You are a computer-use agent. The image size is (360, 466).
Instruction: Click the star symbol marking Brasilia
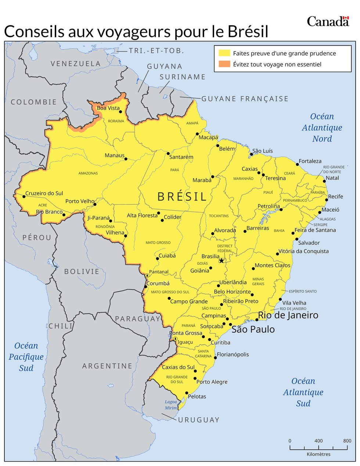[222, 261]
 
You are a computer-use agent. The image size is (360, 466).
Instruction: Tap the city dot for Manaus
[126, 159]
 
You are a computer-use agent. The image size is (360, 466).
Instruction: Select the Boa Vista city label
[108, 108]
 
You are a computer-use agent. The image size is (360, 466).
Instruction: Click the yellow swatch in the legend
[224, 53]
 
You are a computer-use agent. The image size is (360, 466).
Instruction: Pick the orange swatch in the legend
[224, 64]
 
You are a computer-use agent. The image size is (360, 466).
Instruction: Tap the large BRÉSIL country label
[182, 197]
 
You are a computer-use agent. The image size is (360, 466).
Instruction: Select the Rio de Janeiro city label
[288, 315]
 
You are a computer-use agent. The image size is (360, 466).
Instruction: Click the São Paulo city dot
[230, 325]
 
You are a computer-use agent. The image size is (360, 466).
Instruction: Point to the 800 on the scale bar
[347, 441]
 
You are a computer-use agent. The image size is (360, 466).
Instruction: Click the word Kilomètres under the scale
[318, 454]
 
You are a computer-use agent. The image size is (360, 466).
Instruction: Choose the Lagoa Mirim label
[171, 405]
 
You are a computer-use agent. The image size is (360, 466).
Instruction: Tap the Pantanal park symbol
[147, 275]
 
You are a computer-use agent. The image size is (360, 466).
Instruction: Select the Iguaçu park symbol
[176, 338]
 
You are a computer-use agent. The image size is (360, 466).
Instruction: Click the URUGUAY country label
[199, 420]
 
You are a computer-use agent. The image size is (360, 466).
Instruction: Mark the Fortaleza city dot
[298, 165]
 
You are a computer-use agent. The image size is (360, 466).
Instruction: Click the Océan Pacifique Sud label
[26, 357]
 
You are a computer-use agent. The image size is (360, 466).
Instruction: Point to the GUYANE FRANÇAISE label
[245, 99]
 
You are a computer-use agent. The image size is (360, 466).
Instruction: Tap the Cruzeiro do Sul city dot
[24, 197]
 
